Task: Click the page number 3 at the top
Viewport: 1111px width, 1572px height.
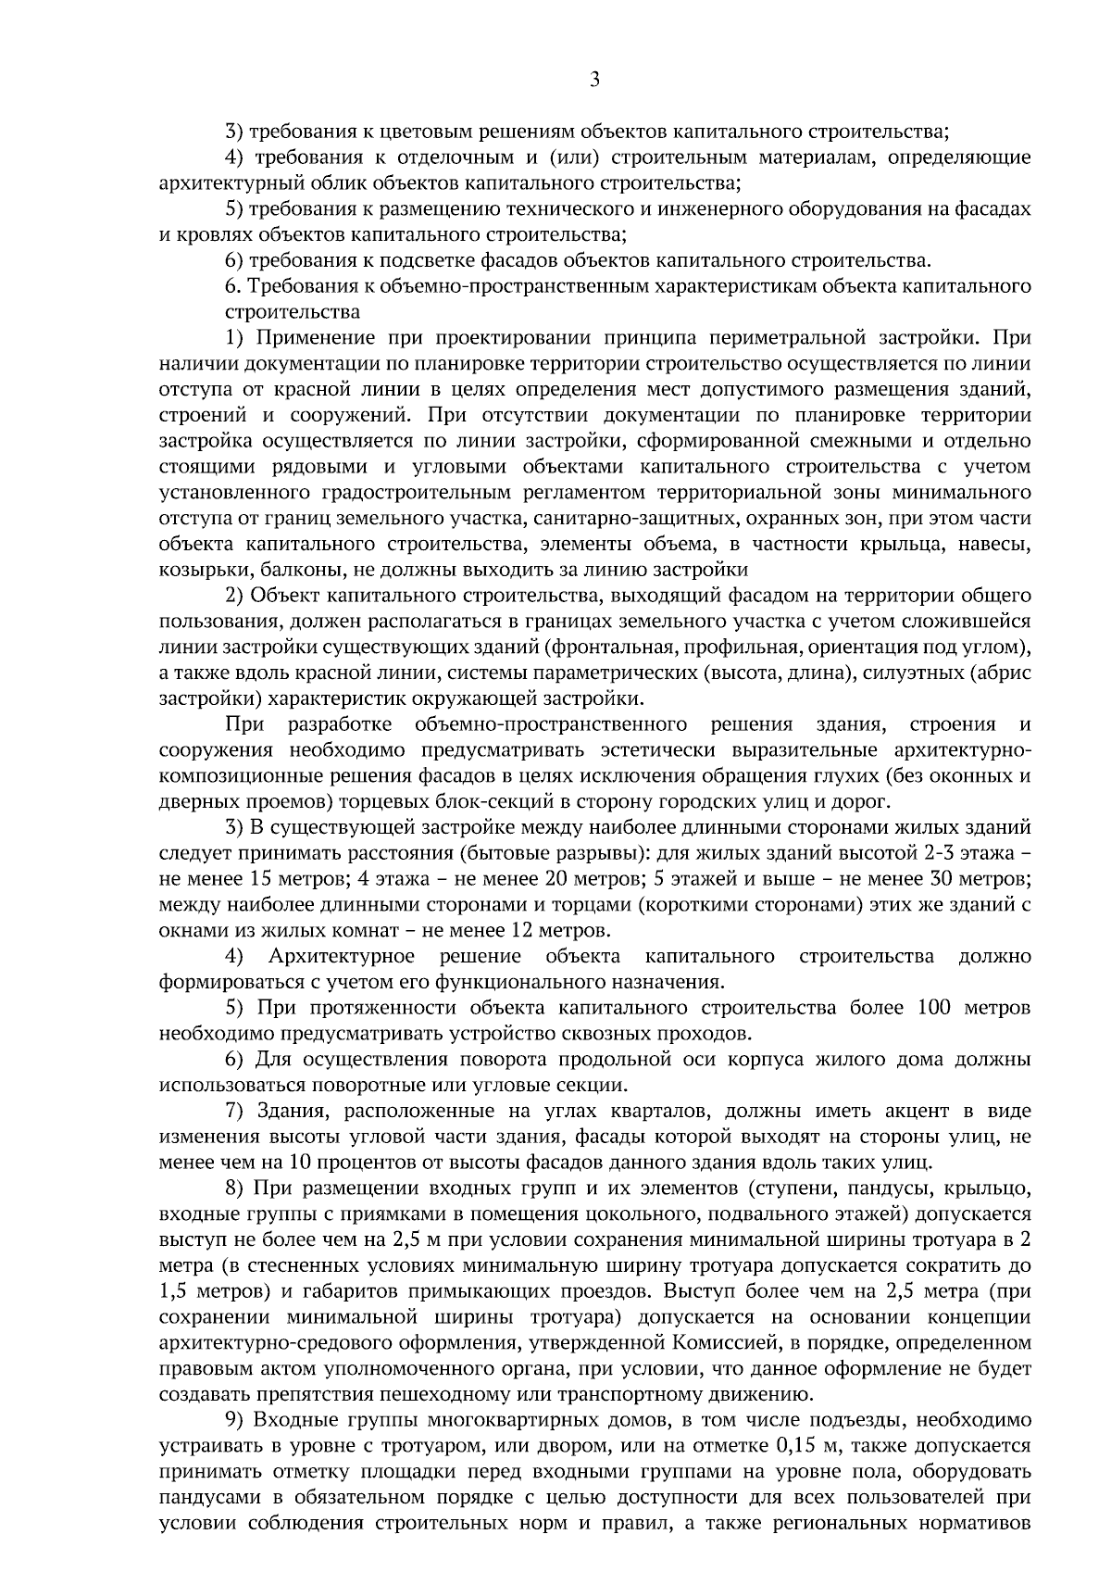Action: pyautogui.click(x=594, y=81)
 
